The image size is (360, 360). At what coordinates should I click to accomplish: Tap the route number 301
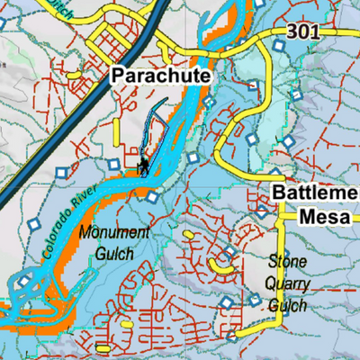[303, 31]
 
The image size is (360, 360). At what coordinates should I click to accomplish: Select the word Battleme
[314, 193]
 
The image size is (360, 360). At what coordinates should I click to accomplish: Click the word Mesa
[320, 216]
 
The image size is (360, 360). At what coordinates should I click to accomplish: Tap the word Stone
[288, 262]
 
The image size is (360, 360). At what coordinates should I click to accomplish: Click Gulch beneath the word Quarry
[288, 306]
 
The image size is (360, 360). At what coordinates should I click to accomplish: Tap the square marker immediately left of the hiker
[112, 165]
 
